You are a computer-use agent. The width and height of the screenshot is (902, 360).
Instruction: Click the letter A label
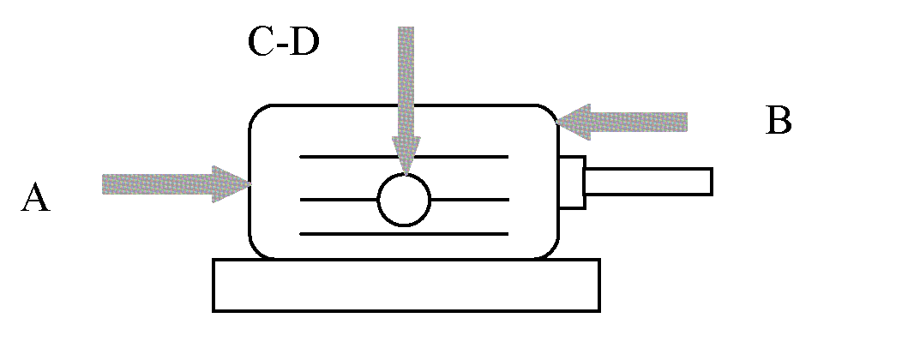click(x=36, y=197)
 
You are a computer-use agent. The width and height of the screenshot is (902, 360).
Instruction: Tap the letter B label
click(x=779, y=121)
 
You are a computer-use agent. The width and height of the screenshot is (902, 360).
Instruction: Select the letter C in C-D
click(x=261, y=41)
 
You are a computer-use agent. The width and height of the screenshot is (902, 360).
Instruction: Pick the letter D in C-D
click(x=304, y=41)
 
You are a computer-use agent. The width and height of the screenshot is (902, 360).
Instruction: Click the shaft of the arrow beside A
click(x=158, y=184)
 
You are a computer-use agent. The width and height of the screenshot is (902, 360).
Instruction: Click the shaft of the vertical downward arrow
click(x=406, y=81)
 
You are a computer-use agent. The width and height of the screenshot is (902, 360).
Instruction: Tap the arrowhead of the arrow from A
click(x=232, y=184)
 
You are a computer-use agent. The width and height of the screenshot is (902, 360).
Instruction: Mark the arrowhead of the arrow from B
click(x=574, y=122)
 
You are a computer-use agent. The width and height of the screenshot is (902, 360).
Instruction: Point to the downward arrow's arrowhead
click(x=406, y=155)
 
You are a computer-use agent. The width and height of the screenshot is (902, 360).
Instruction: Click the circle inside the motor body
click(x=404, y=200)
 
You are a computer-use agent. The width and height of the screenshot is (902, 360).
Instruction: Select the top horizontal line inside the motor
click(x=404, y=156)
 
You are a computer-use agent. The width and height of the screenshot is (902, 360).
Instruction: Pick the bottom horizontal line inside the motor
click(x=404, y=234)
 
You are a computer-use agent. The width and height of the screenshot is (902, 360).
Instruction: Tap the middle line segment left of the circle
click(x=339, y=200)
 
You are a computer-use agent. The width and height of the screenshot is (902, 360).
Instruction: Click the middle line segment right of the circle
click(x=469, y=200)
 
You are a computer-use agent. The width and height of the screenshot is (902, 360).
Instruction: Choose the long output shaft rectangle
click(x=648, y=182)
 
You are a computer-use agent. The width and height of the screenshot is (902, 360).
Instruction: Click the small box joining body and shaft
click(x=572, y=182)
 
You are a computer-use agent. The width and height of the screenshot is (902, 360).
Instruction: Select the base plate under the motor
click(x=406, y=285)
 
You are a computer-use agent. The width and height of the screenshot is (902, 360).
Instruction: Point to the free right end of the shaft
click(x=713, y=182)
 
